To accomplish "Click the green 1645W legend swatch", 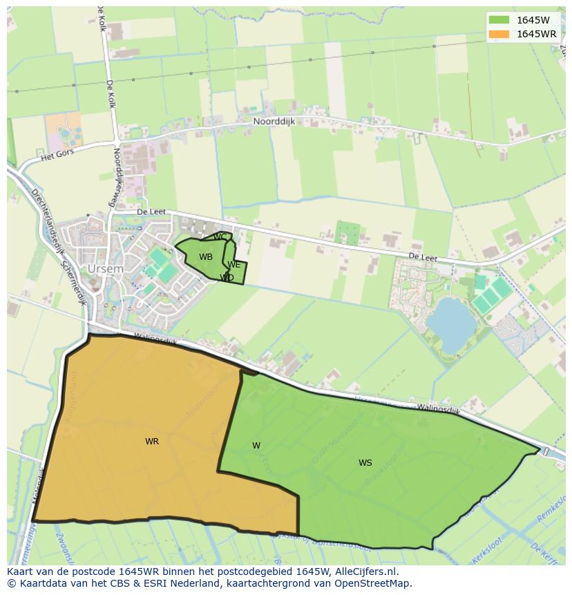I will (498, 20).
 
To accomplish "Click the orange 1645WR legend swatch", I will (498, 34).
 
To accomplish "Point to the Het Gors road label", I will (56, 156).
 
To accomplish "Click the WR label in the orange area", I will (152, 442).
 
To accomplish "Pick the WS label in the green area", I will (365, 463).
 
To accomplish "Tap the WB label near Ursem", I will (206, 257).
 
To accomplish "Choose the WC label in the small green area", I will (220, 238).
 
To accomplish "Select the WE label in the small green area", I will (234, 265).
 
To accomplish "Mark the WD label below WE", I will (227, 278).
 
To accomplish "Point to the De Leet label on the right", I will (423, 257).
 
